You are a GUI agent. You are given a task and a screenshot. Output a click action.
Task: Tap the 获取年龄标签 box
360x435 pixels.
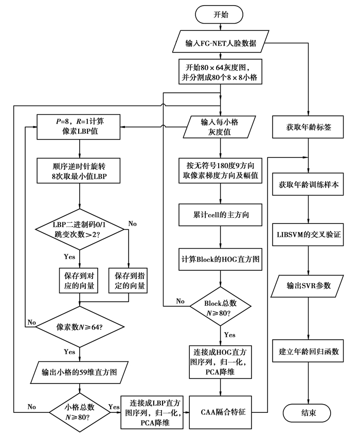(308, 127)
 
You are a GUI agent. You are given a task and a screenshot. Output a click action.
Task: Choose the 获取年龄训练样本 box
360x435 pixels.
(308, 184)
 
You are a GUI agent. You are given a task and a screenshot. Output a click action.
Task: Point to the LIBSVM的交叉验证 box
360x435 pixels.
(308, 234)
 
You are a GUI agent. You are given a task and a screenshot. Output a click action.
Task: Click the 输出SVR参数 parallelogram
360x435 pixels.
(308, 284)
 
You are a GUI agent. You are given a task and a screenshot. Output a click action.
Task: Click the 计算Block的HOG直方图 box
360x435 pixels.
(221, 259)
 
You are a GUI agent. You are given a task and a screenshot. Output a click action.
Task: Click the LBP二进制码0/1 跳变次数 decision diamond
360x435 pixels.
(79, 229)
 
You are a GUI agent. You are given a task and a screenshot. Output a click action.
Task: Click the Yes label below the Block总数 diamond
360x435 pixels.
(229, 335)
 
